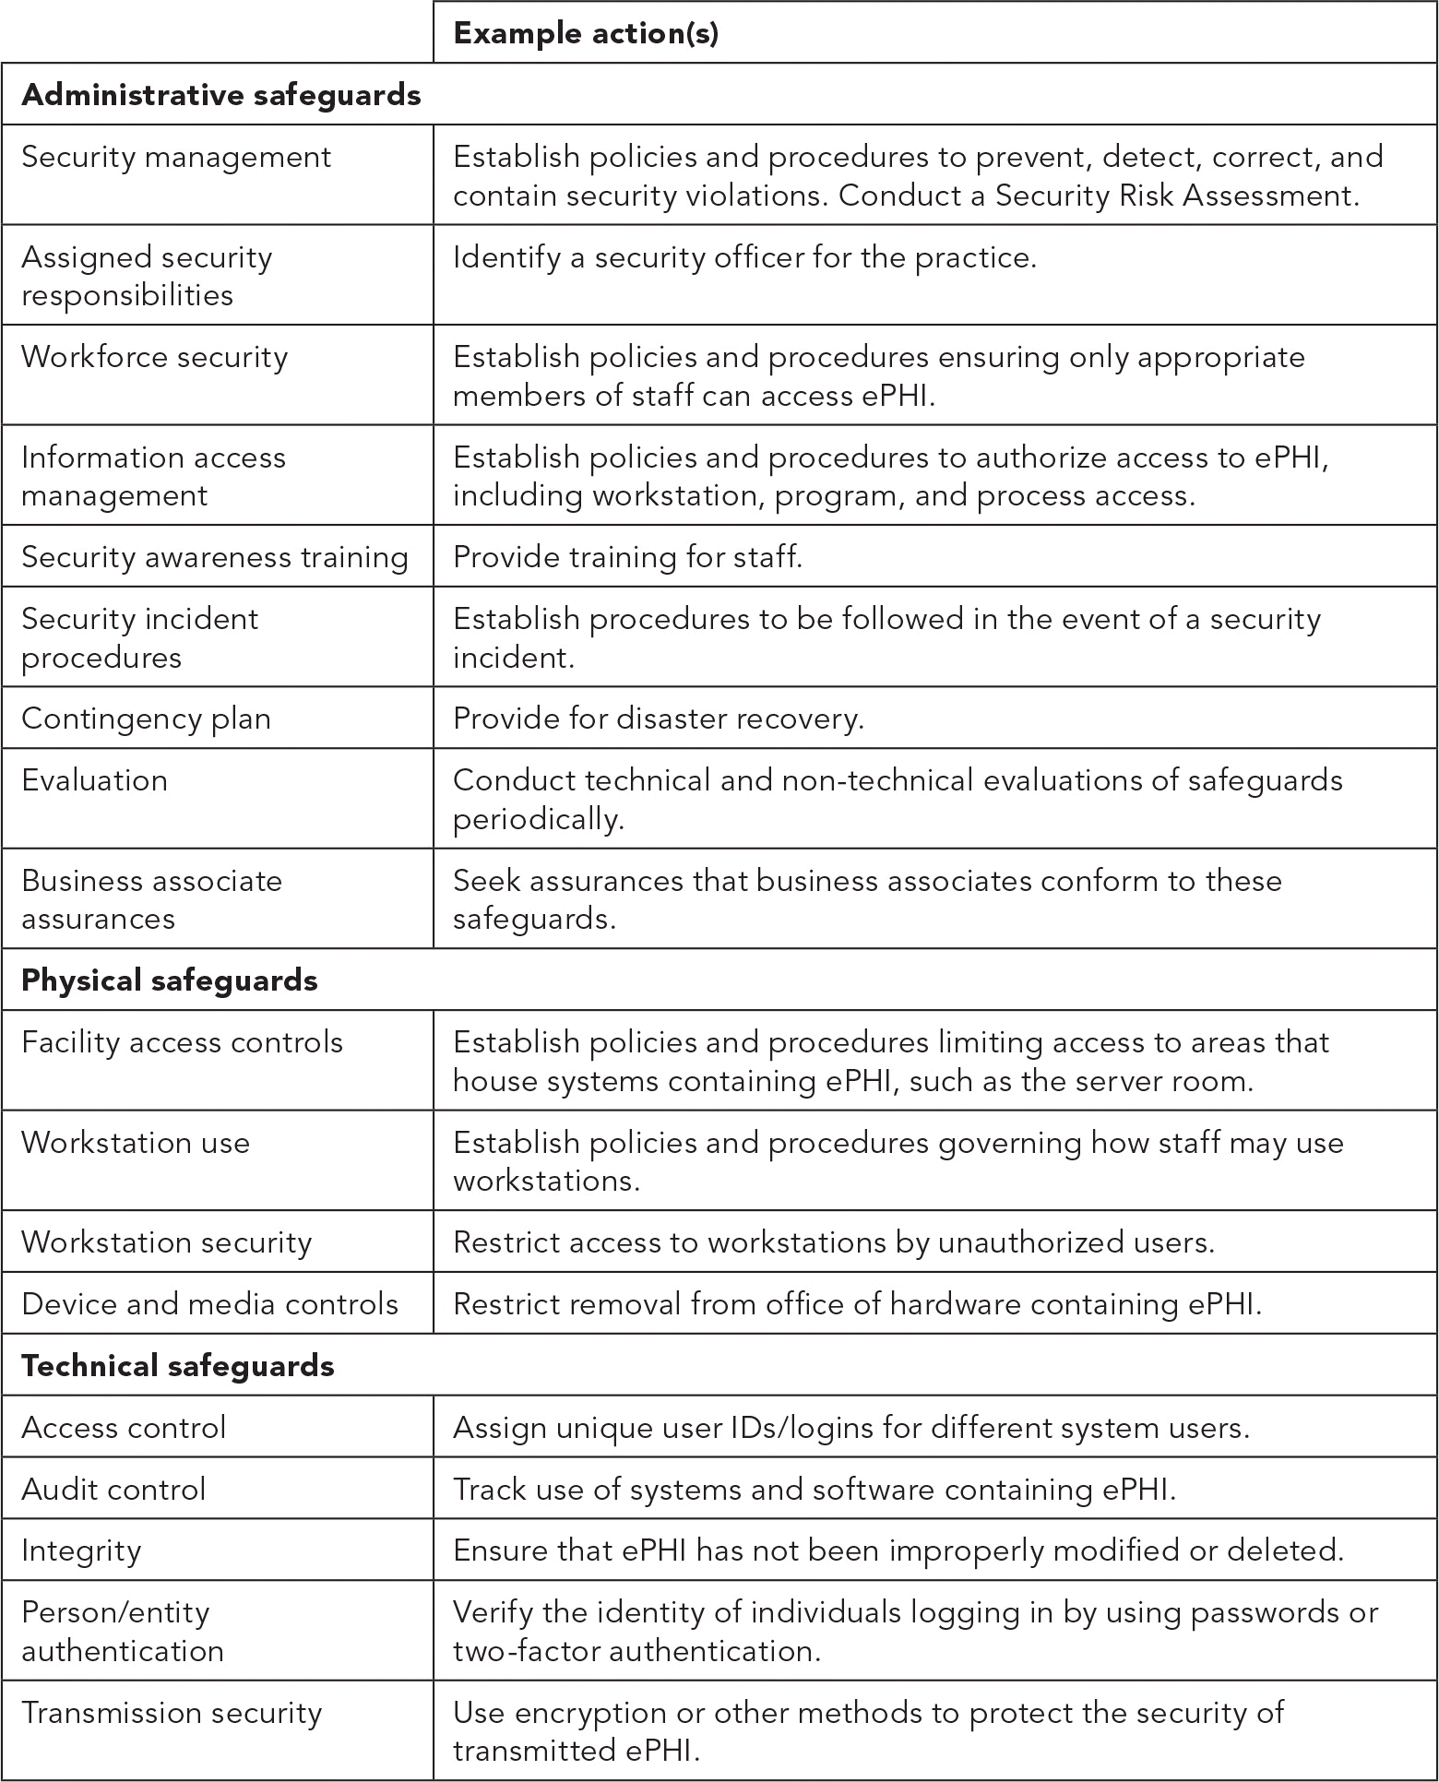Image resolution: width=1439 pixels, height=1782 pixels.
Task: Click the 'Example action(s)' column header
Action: (586, 34)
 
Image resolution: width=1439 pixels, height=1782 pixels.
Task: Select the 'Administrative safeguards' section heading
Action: (220, 95)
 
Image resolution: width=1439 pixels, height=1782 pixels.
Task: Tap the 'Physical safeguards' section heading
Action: (169, 980)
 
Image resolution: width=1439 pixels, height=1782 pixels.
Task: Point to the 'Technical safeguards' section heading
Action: (177, 1365)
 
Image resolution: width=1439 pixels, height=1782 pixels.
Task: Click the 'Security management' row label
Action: (175, 157)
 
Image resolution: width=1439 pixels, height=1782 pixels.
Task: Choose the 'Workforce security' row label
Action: (154, 357)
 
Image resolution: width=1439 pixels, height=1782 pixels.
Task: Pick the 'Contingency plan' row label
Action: (146, 719)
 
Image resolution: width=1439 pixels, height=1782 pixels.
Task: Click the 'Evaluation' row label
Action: (94, 780)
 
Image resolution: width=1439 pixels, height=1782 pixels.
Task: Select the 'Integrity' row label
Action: (81, 1550)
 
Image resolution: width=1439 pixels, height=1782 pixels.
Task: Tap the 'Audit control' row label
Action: (113, 1489)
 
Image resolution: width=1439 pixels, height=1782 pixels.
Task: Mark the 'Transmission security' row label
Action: (172, 1712)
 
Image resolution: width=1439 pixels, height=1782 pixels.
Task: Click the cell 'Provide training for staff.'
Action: (627, 557)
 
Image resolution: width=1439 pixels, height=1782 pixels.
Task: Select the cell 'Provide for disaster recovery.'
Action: (658, 719)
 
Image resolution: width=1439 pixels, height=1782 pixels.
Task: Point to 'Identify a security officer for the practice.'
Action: (744, 257)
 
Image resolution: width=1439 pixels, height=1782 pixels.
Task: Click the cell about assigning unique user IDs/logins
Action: (850, 1428)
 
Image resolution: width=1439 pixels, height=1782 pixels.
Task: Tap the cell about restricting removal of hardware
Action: (857, 1304)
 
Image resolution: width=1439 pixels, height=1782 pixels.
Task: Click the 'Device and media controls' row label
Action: (209, 1304)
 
